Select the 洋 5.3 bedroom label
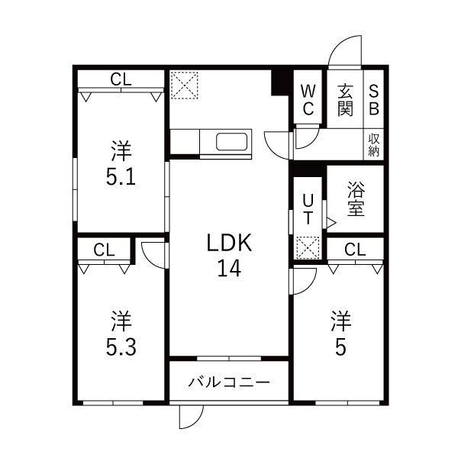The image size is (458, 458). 121,334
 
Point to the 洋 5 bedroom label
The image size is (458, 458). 339,334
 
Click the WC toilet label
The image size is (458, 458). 308,99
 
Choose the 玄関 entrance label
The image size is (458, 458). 345,99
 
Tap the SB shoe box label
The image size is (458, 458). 374,99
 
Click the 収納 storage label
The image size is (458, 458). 374,145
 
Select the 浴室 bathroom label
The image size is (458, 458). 355,198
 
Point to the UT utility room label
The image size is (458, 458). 308,208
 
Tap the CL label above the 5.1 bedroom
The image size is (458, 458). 120,79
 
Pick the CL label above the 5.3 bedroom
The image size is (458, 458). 105,249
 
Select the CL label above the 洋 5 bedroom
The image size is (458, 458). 353,249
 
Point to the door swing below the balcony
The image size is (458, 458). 191,416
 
